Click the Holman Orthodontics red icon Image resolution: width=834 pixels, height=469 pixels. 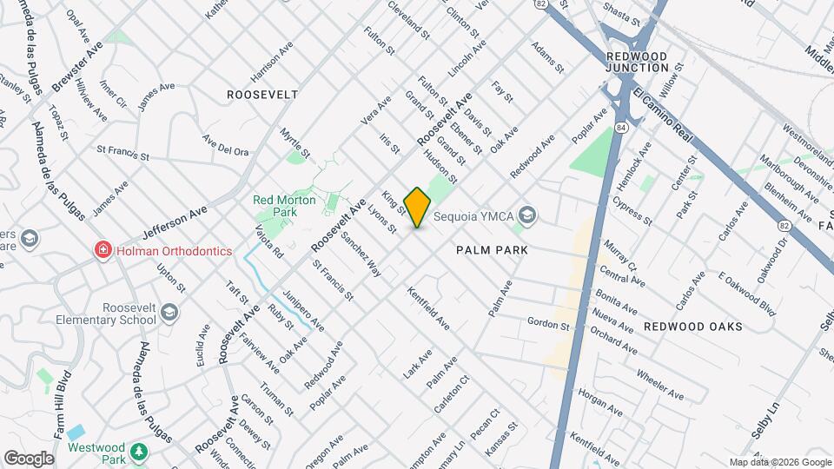pos(103,251)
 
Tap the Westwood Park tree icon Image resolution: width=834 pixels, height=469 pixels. pos(139,452)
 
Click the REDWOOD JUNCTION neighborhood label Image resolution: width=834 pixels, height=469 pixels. pos(637,62)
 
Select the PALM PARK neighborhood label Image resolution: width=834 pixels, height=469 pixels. pos(493,249)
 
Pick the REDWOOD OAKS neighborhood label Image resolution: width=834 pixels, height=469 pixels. pos(693,327)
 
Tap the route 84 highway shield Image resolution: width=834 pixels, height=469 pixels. pos(622,128)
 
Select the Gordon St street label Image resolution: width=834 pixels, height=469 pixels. pos(548,323)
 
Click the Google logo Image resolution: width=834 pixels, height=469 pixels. pos(29,458)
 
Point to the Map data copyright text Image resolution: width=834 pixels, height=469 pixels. pos(780,462)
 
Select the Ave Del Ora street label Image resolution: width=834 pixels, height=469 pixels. pos(225,145)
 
